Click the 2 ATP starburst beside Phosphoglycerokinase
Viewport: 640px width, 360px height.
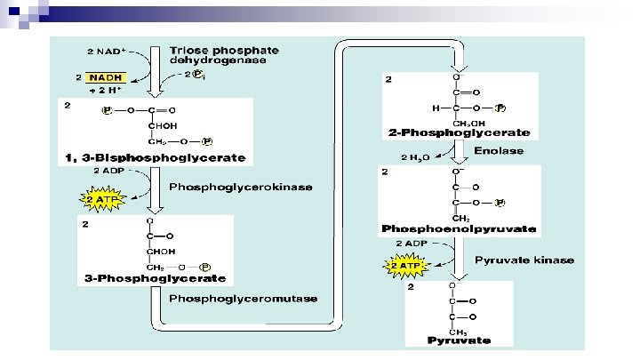tap(106, 197)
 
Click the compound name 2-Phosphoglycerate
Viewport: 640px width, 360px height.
tap(460, 133)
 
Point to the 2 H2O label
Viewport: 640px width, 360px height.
tap(415, 157)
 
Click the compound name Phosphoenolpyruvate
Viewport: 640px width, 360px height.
tap(459, 228)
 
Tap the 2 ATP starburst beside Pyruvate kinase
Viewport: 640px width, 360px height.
tap(405, 265)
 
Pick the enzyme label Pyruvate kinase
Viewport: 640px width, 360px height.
tap(524, 260)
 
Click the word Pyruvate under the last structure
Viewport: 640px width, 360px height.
tap(459, 339)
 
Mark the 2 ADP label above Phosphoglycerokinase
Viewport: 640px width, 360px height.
tap(108, 170)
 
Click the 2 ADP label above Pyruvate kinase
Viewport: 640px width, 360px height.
tap(411, 242)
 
